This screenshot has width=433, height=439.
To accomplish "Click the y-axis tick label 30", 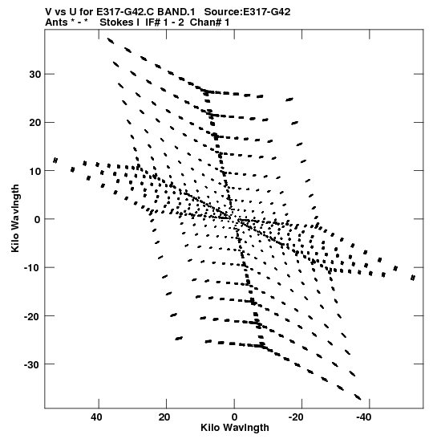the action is (34, 74).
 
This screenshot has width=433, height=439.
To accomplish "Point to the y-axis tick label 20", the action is (34, 122).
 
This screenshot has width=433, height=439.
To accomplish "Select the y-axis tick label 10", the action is (34, 171).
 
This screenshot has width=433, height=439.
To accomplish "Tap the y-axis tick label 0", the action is (38, 219).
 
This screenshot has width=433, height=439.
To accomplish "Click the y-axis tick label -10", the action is (32, 268).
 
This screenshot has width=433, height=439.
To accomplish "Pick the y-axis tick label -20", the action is (32, 316).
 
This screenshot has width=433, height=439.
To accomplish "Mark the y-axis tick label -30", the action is (32, 364).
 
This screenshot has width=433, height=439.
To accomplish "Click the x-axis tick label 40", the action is (96, 417).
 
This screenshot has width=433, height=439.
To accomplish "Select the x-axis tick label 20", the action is (164, 417).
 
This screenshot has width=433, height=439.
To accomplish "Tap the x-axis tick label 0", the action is (234, 417).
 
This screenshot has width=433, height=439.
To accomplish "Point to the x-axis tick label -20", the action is (296, 417).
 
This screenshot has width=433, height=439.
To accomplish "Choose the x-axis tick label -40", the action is (363, 417).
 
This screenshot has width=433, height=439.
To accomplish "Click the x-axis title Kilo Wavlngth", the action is (235, 428).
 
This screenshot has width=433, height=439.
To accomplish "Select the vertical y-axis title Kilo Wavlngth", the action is (15, 218).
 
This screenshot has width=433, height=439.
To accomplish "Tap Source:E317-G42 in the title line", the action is (247, 12).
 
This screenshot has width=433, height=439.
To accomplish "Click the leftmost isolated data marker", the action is (55, 161).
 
